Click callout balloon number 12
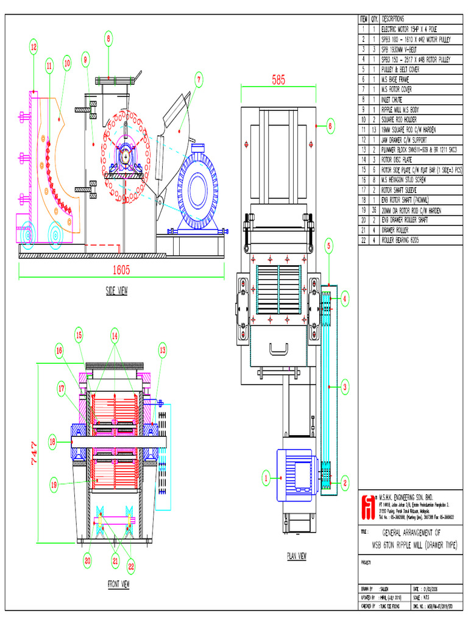(x=34, y=46)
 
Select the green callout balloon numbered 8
(x=108, y=38)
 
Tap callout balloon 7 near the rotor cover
(x=198, y=78)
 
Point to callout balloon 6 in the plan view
(x=330, y=126)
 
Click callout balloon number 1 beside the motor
(x=266, y=478)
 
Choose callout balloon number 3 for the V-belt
(x=345, y=386)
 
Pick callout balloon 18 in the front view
(x=53, y=441)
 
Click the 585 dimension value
(x=278, y=79)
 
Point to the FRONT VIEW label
(x=118, y=584)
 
